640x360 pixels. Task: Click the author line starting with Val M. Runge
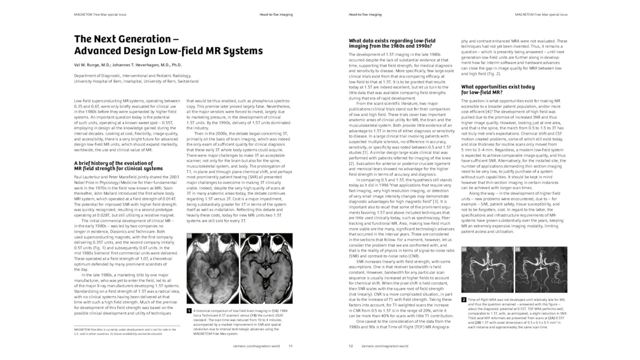(x=128, y=65)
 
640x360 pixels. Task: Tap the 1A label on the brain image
(x=189, y=236)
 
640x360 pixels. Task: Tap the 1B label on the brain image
(x=243, y=236)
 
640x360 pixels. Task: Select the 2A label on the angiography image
(x=464, y=249)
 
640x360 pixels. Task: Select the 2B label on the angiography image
(x=518, y=249)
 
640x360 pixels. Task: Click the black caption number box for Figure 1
(x=189, y=311)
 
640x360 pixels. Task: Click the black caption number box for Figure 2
(x=464, y=300)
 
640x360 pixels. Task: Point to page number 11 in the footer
(x=291, y=346)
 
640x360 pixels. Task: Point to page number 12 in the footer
(x=351, y=346)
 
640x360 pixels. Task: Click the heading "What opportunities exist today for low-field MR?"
(x=498, y=90)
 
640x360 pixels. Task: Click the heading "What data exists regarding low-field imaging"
(x=392, y=43)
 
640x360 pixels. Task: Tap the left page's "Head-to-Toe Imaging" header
(x=276, y=15)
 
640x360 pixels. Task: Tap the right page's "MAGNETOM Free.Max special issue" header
(x=541, y=15)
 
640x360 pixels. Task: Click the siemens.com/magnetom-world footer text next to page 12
(x=385, y=346)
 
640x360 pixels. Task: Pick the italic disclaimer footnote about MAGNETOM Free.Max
(x=125, y=332)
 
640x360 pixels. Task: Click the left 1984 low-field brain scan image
(x=213, y=268)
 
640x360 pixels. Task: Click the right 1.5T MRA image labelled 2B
(x=541, y=269)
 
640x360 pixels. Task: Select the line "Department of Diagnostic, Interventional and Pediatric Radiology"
(x=132, y=76)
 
